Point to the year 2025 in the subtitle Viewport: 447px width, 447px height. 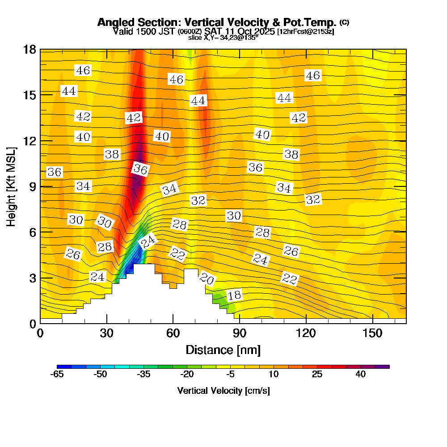[x=262, y=31]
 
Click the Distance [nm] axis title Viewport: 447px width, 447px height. [x=223, y=350]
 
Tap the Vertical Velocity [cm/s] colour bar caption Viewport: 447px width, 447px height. [x=223, y=391]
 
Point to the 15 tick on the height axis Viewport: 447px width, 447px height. [x=30, y=95]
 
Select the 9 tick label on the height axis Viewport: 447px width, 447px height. [x=32, y=186]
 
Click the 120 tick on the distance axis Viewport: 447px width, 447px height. [x=306, y=333]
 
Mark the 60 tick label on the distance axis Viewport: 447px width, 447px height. [x=173, y=333]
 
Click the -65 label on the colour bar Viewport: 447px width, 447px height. [x=57, y=375]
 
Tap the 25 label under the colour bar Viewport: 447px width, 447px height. [x=317, y=375]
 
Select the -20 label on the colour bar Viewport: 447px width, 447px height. [x=186, y=375]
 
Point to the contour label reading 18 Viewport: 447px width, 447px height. [x=234, y=295]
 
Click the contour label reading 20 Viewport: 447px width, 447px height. [x=207, y=279]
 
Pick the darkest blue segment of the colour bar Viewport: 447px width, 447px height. [x=61, y=367]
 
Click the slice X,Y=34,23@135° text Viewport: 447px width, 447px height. [x=223, y=38]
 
